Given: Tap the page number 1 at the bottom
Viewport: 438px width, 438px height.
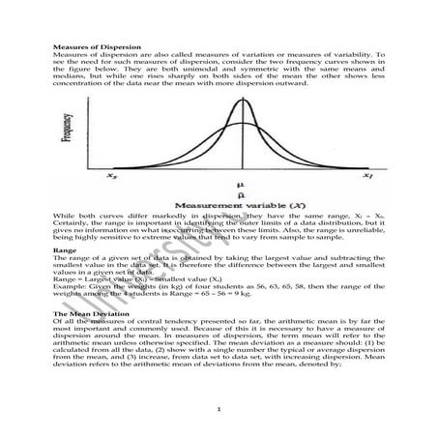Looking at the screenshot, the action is click(x=219, y=412).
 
